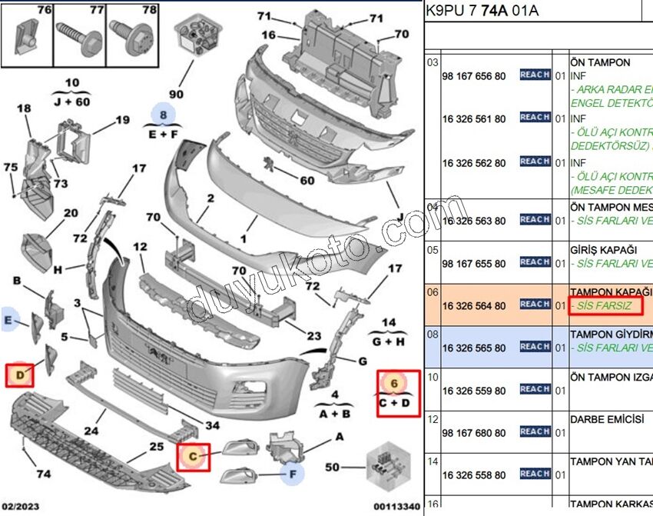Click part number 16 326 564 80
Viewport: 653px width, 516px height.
(474, 305)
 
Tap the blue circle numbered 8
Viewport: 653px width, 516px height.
(163, 114)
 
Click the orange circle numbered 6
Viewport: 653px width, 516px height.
(394, 382)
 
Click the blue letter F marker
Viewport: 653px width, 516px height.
(293, 474)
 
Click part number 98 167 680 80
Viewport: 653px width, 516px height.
(474, 433)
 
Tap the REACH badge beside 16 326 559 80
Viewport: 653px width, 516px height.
(535, 389)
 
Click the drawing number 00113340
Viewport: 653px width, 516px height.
(397, 507)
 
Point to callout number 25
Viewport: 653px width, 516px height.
(156, 447)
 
